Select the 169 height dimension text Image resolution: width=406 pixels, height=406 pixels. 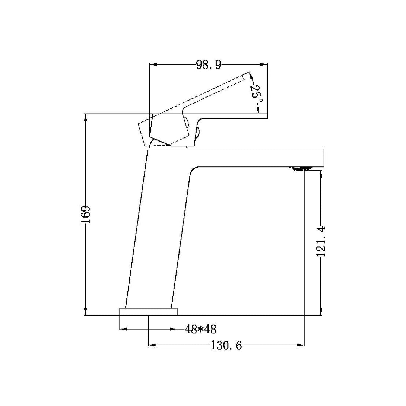(86, 215)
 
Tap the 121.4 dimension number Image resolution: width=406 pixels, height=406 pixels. (321, 241)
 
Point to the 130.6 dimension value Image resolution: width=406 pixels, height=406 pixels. (226, 346)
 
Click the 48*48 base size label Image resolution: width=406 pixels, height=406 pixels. (200, 329)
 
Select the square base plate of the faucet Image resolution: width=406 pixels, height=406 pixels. (148, 312)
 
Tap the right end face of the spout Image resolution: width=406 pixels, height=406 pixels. (324, 158)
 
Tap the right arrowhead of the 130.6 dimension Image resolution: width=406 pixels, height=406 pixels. (301, 346)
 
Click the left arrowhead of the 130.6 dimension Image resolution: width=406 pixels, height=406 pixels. (152, 346)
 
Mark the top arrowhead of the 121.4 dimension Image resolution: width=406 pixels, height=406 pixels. (321, 174)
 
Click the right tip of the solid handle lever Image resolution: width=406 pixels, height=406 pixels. (267, 116)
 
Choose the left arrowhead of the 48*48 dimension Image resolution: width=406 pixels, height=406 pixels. (123, 329)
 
